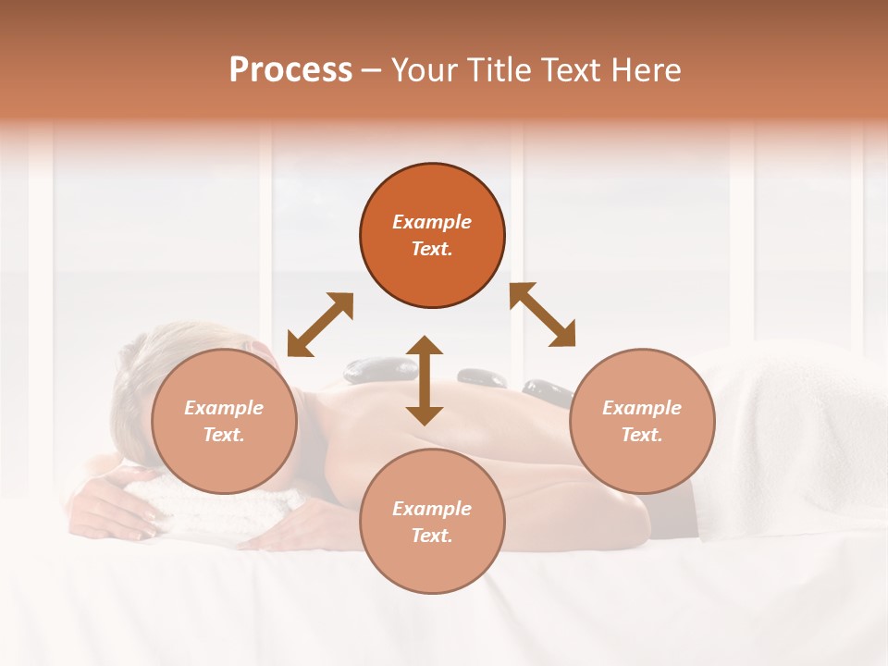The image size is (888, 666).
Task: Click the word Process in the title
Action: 290,70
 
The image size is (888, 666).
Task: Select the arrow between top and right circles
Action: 543,314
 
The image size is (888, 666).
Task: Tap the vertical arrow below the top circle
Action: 425,380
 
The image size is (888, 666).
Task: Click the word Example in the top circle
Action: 432,222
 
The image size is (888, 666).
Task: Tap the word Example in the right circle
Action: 642,408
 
